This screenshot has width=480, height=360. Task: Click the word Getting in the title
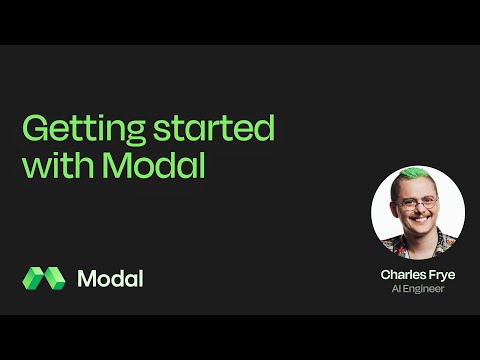tap(81, 131)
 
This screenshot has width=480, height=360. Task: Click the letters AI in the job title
tap(395, 290)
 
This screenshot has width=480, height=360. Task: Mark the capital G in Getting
tap(33, 131)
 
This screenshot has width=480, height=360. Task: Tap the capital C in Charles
tap(385, 274)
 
